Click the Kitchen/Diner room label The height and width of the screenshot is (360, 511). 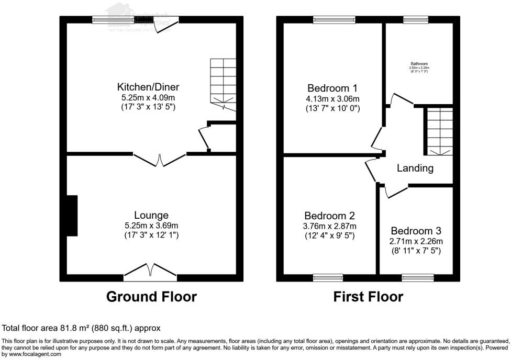point(151,87)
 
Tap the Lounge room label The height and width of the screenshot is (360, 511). point(151,215)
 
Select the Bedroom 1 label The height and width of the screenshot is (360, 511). point(333,87)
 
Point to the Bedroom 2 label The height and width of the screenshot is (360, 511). point(330,216)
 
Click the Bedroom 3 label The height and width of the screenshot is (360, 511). point(416,230)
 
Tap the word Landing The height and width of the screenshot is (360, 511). point(415,168)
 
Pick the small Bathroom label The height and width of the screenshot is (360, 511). point(419,64)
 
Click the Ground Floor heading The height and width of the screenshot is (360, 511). point(151,297)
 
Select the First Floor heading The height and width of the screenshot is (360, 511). point(368,297)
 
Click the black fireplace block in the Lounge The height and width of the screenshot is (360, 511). point(72,215)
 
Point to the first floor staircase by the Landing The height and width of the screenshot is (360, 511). point(439,131)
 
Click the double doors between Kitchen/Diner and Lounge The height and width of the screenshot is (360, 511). point(160,159)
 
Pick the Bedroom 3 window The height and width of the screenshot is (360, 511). point(417,277)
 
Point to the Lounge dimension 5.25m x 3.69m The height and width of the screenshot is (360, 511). point(151,226)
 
